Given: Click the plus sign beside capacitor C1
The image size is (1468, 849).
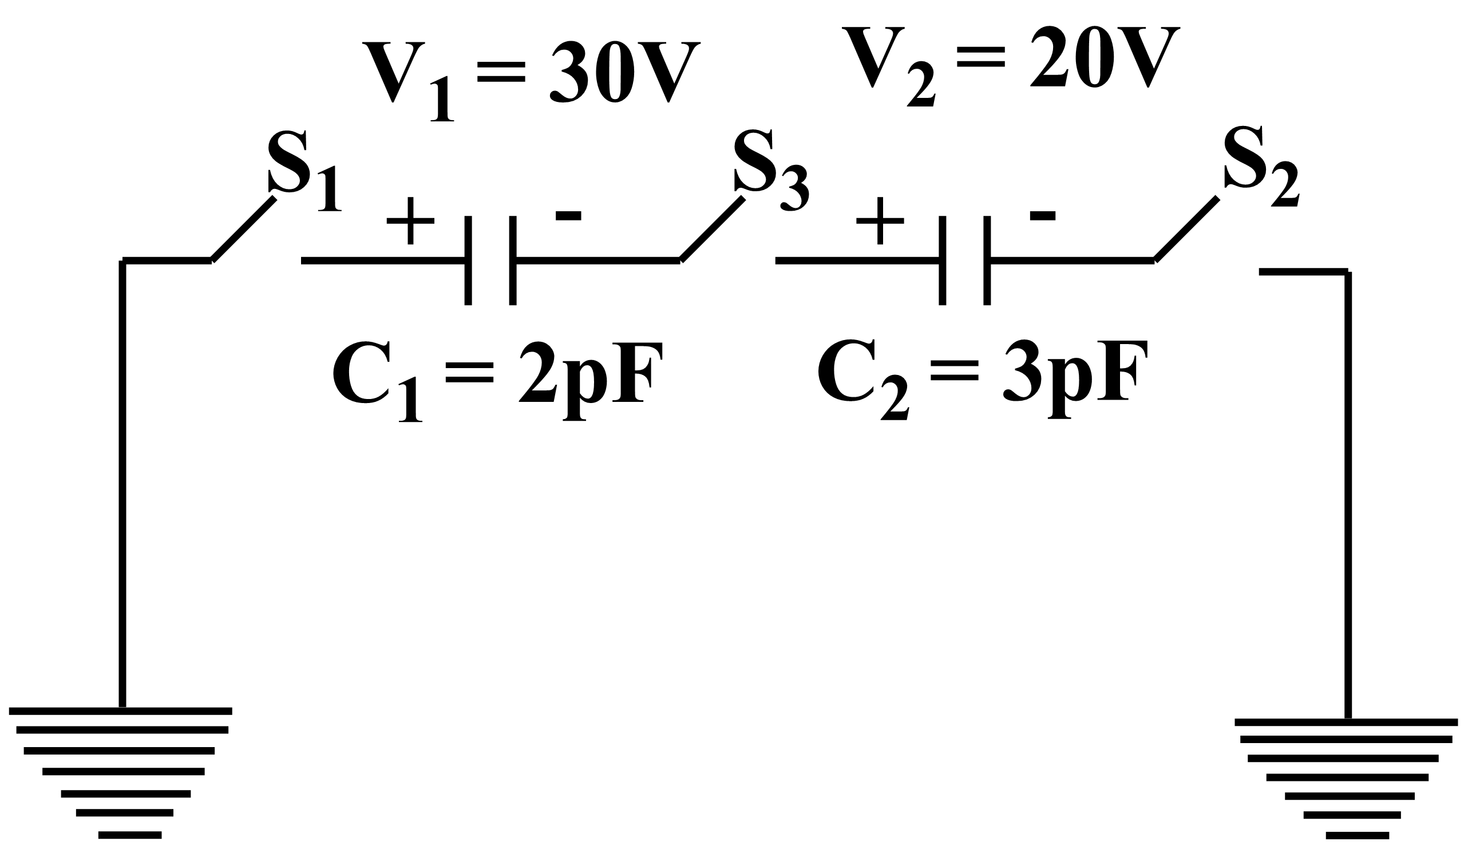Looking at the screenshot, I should point(410,221).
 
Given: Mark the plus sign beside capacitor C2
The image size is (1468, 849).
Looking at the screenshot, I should point(880,221).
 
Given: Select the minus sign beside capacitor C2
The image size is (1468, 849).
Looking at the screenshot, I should point(1042,216).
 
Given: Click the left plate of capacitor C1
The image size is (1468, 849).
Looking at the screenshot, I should point(468,260).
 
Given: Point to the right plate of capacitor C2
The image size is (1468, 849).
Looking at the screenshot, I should point(987,260).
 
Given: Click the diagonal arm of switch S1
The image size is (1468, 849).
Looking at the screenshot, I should point(243,229).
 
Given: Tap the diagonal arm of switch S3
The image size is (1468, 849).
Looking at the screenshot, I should point(712,229).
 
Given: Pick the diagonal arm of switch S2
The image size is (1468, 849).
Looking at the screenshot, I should point(1186,229).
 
